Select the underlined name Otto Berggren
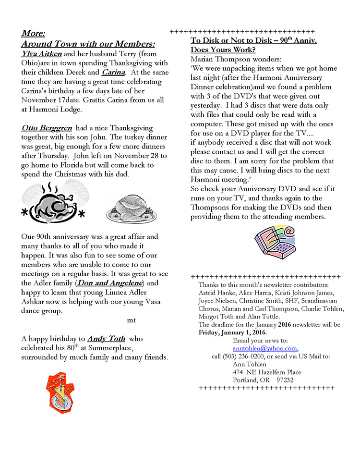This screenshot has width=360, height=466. point(47,128)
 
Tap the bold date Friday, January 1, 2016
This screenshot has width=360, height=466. point(232,332)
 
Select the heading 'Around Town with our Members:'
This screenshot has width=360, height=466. point(88,44)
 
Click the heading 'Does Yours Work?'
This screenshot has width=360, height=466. point(223,49)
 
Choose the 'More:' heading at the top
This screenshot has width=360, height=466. point(33,33)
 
